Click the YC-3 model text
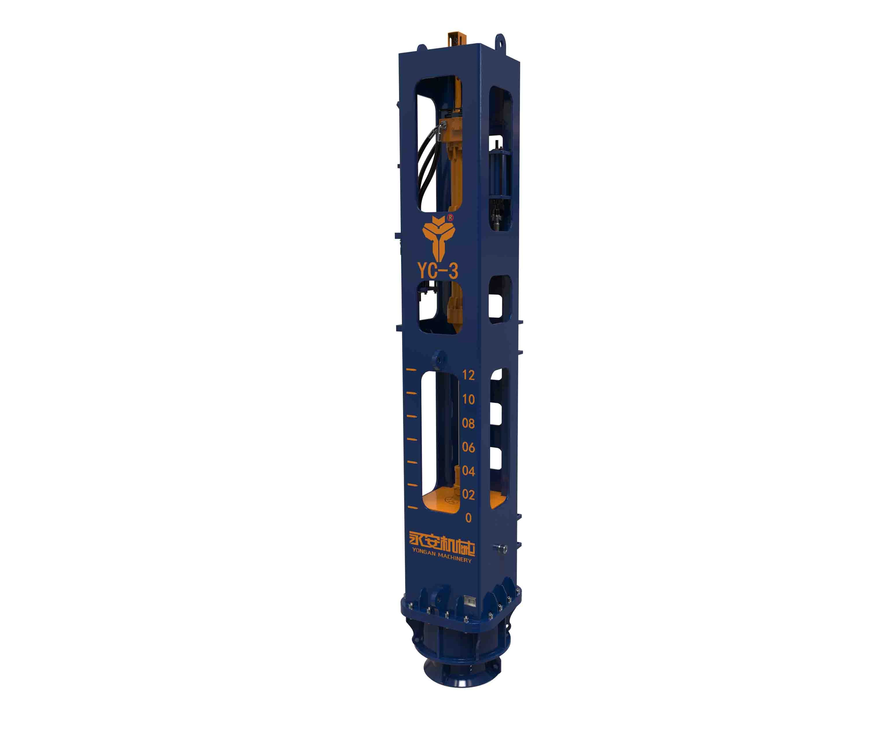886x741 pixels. tap(438, 271)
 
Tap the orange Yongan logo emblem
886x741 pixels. tap(438, 239)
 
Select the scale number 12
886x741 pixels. tap(468, 375)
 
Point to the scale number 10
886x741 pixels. tap(468, 399)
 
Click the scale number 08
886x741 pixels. tap(468, 423)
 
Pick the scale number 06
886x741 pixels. tap(468, 447)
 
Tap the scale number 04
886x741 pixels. tap(468, 471)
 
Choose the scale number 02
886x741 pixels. tap(468, 494)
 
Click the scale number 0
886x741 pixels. tap(468, 518)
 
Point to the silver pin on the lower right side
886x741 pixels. tap(501, 548)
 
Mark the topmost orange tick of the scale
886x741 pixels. tap(411, 370)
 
